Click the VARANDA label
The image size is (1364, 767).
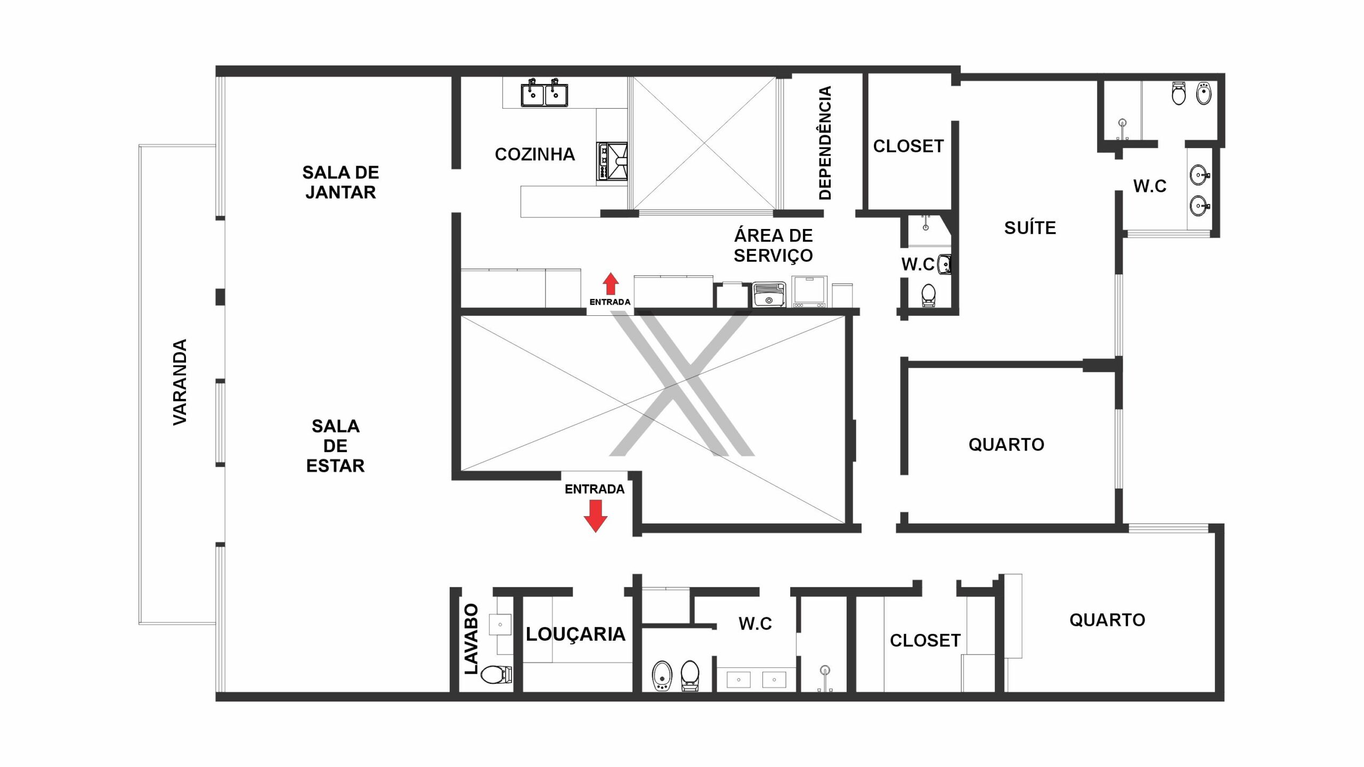[x=180, y=382]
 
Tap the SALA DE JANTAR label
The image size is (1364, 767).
[x=340, y=182]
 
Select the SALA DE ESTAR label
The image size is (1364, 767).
[x=335, y=446]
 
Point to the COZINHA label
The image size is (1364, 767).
[x=534, y=154]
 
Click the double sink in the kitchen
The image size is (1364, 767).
[x=544, y=93]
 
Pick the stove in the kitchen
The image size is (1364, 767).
[x=612, y=161]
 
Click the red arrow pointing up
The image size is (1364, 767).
[x=611, y=284]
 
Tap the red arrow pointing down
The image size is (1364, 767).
[x=595, y=516]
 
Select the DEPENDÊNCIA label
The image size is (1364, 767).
[x=824, y=143]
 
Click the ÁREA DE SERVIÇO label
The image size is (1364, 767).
[x=773, y=246]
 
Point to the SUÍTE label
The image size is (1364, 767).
[x=1029, y=228]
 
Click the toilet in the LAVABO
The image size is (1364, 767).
[x=496, y=675]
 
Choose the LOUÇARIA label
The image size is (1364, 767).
[x=575, y=634]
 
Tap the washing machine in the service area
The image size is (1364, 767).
[x=769, y=295]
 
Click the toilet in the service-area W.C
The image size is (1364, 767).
[x=928, y=296]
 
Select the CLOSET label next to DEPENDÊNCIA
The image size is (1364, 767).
[x=908, y=146]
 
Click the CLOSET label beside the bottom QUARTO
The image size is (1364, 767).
[x=925, y=641]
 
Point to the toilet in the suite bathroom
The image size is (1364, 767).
[x=1179, y=94]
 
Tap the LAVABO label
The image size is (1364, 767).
[x=472, y=639]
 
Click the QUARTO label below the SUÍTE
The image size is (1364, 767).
[x=1006, y=445]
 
